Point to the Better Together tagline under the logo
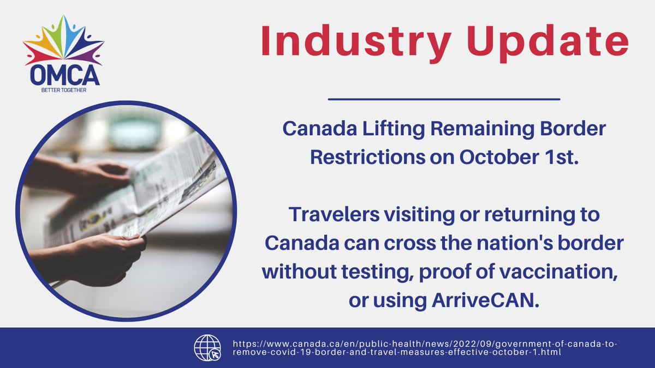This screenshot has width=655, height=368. click(64, 90)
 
